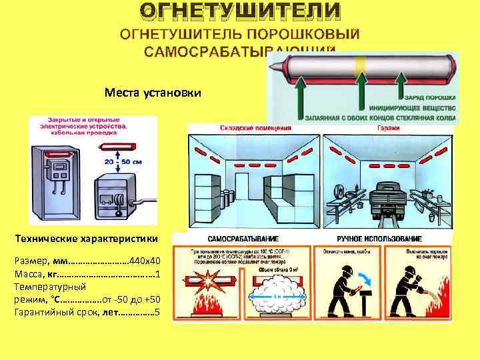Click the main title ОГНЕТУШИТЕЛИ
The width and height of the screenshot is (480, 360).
click(x=239, y=11)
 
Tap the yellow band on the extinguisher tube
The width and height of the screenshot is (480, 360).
click(x=360, y=65)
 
